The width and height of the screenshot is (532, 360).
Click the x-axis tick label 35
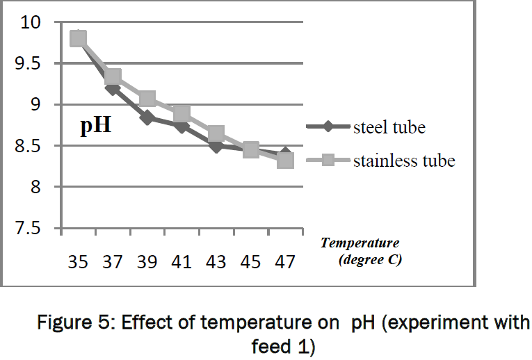pos(78,262)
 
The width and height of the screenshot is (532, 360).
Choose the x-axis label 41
pos(182,262)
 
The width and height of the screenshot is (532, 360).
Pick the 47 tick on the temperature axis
pos(285,262)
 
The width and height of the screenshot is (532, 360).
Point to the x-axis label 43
pos(216,262)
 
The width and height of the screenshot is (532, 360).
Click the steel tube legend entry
pos(389,127)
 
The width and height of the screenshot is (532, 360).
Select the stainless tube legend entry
pos(404,161)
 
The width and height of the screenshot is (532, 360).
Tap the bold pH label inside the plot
pos(95,127)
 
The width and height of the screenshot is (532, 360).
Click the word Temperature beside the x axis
pos(360,243)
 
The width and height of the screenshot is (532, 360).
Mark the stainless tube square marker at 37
pos(113,76)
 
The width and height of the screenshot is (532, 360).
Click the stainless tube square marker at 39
pos(147,99)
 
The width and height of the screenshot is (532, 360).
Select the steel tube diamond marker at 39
pos(147,117)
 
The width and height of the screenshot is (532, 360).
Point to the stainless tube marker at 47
pos(285,161)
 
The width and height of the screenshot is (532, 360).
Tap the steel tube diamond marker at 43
pos(216,146)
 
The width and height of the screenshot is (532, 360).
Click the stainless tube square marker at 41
pos(182,113)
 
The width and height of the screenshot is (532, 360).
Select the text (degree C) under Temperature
pos(369,261)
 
